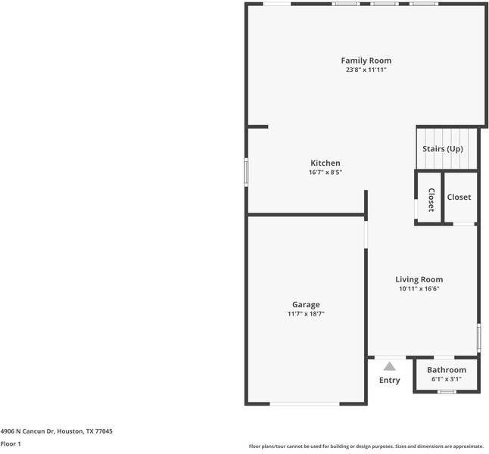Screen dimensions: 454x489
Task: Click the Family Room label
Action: tap(366, 61)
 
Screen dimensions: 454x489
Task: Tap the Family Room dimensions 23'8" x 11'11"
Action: tap(366, 70)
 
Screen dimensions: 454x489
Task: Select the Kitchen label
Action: tap(325, 163)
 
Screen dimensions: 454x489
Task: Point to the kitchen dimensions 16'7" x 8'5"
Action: tap(325, 172)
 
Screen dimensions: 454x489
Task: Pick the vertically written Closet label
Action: tap(431, 199)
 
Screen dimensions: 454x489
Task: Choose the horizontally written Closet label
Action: tap(459, 197)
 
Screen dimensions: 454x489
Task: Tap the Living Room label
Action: tap(419, 279)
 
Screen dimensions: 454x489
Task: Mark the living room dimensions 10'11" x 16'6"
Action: tap(419, 288)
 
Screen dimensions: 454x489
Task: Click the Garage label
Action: tap(306, 305)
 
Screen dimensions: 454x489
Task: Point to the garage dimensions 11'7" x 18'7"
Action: tap(306, 314)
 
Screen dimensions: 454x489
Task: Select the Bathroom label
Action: tap(447, 370)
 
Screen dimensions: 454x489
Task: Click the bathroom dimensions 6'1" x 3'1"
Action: tap(447, 379)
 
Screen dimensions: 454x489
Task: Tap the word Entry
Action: tap(389, 380)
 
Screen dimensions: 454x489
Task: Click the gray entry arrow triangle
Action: tap(389, 366)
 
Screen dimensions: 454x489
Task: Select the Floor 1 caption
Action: tap(11, 444)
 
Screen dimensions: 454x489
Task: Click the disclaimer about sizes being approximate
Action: tap(366, 446)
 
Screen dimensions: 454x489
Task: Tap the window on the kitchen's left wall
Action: tap(245, 170)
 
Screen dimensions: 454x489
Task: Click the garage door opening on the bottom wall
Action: tap(305, 404)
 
